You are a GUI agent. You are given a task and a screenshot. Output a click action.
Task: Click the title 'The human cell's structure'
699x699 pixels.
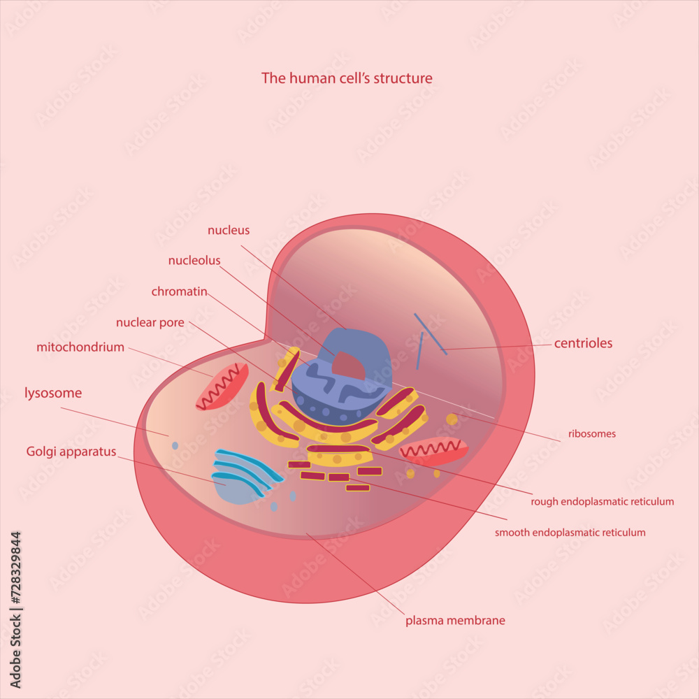[x=347, y=78]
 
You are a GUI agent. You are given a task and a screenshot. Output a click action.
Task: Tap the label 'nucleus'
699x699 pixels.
[x=229, y=230]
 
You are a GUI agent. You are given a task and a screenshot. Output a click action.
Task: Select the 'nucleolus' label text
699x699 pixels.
[x=194, y=261]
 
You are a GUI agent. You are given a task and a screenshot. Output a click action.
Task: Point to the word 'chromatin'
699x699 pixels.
[x=180, y=291]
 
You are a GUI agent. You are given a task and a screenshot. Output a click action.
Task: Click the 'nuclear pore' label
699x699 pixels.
[x=150, y=322]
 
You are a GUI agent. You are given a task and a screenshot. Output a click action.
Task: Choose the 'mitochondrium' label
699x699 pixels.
[x=80, y=347]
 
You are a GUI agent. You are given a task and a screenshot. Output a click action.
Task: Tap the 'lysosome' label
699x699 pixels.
[x=53, y=393]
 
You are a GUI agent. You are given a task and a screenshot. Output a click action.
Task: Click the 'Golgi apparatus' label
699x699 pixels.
[x=71, y=452]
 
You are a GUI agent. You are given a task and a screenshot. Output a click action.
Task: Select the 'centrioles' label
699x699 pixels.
[x=583, y=343]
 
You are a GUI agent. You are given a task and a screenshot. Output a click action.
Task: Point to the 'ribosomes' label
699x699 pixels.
[x=591, y=434]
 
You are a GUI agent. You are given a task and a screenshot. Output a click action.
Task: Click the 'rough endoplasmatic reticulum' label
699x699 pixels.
[x=602, y=501]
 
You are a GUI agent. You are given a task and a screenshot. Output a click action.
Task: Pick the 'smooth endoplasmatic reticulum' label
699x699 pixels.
[x=570, y=533]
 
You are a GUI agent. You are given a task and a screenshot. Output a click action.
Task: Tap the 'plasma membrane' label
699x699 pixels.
[x=455, y=620]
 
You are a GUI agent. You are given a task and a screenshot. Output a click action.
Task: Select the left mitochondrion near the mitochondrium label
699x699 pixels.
[x=222, y=387]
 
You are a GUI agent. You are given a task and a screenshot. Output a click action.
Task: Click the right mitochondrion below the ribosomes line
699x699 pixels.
[x=433, y=451]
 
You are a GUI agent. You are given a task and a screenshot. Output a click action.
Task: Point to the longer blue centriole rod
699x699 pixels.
[x=430, y=333]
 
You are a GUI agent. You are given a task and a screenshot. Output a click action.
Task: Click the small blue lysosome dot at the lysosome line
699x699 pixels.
[x=175, y=445]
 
